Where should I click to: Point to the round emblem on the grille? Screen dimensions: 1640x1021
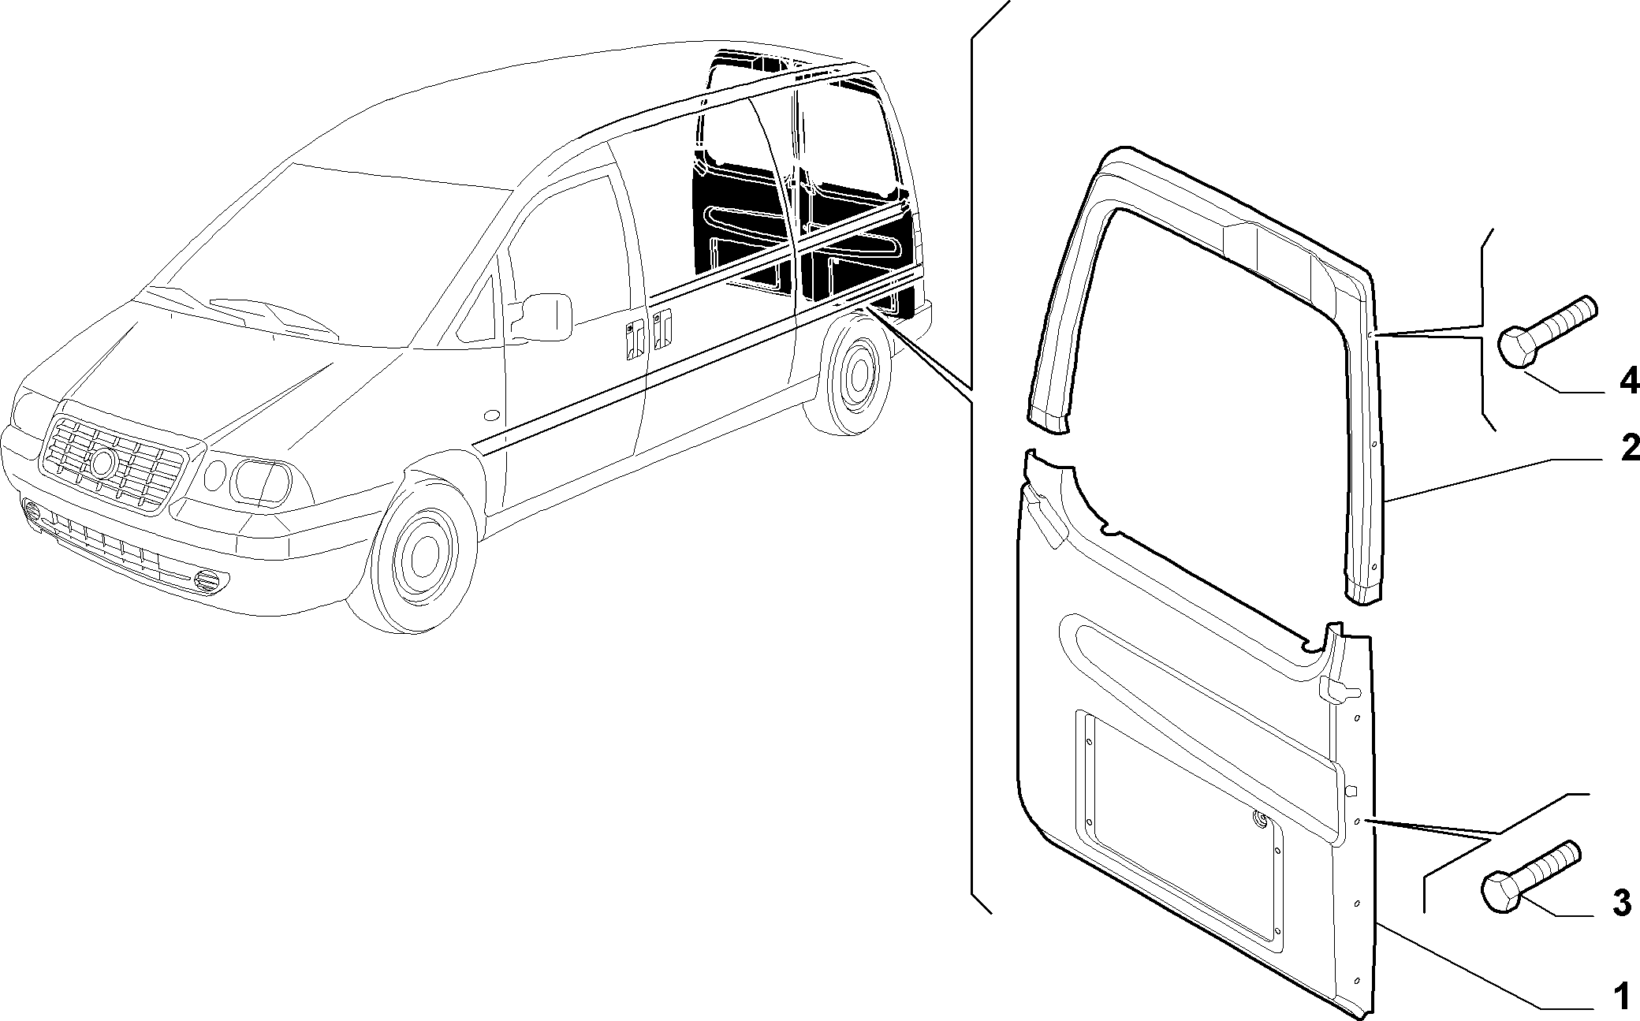(102, 463)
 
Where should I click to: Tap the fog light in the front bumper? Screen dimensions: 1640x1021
(207, 581)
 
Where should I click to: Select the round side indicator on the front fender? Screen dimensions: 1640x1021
(491, 415)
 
